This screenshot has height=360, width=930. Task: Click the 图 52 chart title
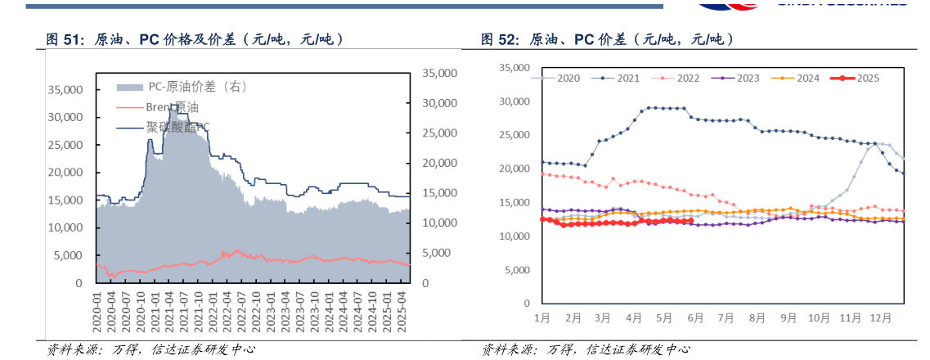[x=605, y=40]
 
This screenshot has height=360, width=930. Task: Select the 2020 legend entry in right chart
[x=563, y=79]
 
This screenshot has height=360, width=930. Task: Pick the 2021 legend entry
[x=622, y=79]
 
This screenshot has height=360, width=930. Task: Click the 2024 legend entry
[x=800, y=79]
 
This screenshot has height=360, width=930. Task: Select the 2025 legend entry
[x=860, y=79]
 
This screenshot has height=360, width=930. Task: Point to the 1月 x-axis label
[x=541, y=317]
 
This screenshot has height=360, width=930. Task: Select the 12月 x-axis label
[x=881, y=317]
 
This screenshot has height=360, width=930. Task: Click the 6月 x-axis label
[x=694, y=317]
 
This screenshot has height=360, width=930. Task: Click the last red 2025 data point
[x=692, y=221]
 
